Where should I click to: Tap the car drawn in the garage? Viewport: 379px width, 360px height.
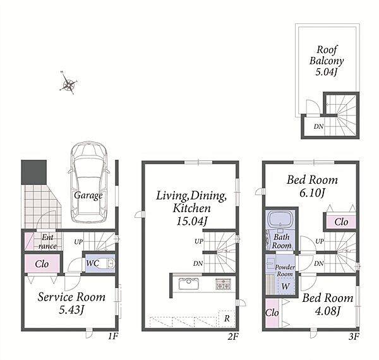point(88,182)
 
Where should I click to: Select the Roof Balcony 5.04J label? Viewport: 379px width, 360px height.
point(327,61)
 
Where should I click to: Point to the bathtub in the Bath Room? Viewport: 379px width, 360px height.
point(281,220)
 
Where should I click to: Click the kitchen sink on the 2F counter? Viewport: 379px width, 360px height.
point(189,284)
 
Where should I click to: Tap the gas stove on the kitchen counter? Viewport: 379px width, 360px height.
point(223,284)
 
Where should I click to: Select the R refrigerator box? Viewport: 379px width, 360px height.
point(227,318)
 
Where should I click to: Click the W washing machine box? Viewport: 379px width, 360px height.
point(286,286)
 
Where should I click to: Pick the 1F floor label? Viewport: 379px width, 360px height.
point(112,336)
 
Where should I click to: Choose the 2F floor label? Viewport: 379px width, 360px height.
point(233,336)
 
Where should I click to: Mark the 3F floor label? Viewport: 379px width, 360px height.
point(354,336)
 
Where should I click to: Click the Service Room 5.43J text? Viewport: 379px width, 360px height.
point(71,303)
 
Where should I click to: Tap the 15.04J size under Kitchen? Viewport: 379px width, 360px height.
point(191,221)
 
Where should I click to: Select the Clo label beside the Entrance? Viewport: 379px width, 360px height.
point(42,264)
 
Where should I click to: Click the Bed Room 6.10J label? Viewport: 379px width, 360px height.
point(312,186)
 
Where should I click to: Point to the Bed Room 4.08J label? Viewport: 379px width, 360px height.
point(328,304)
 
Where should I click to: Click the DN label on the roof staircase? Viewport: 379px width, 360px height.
point(318,126)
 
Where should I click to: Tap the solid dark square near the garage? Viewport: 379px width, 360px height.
point(34,172)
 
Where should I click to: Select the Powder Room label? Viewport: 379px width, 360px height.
point(285,270)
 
